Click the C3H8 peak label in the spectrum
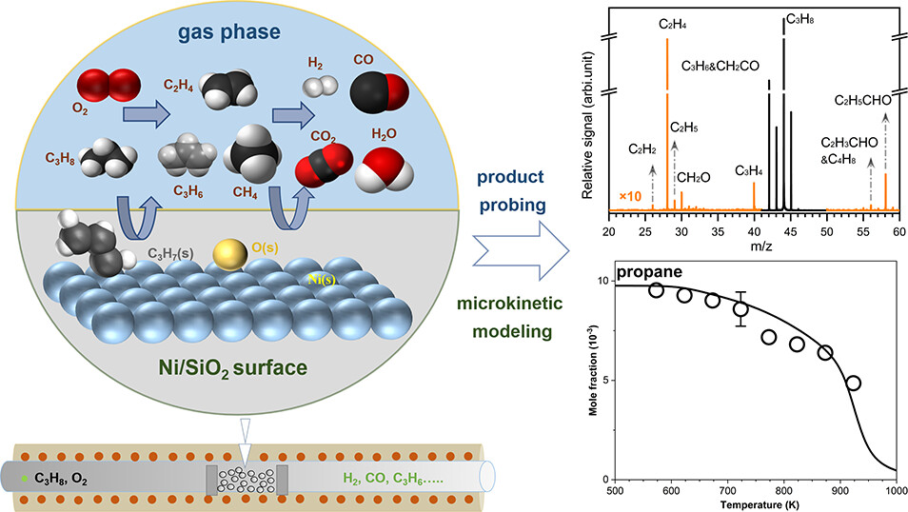(798, 19)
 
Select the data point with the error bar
(740, 308)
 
